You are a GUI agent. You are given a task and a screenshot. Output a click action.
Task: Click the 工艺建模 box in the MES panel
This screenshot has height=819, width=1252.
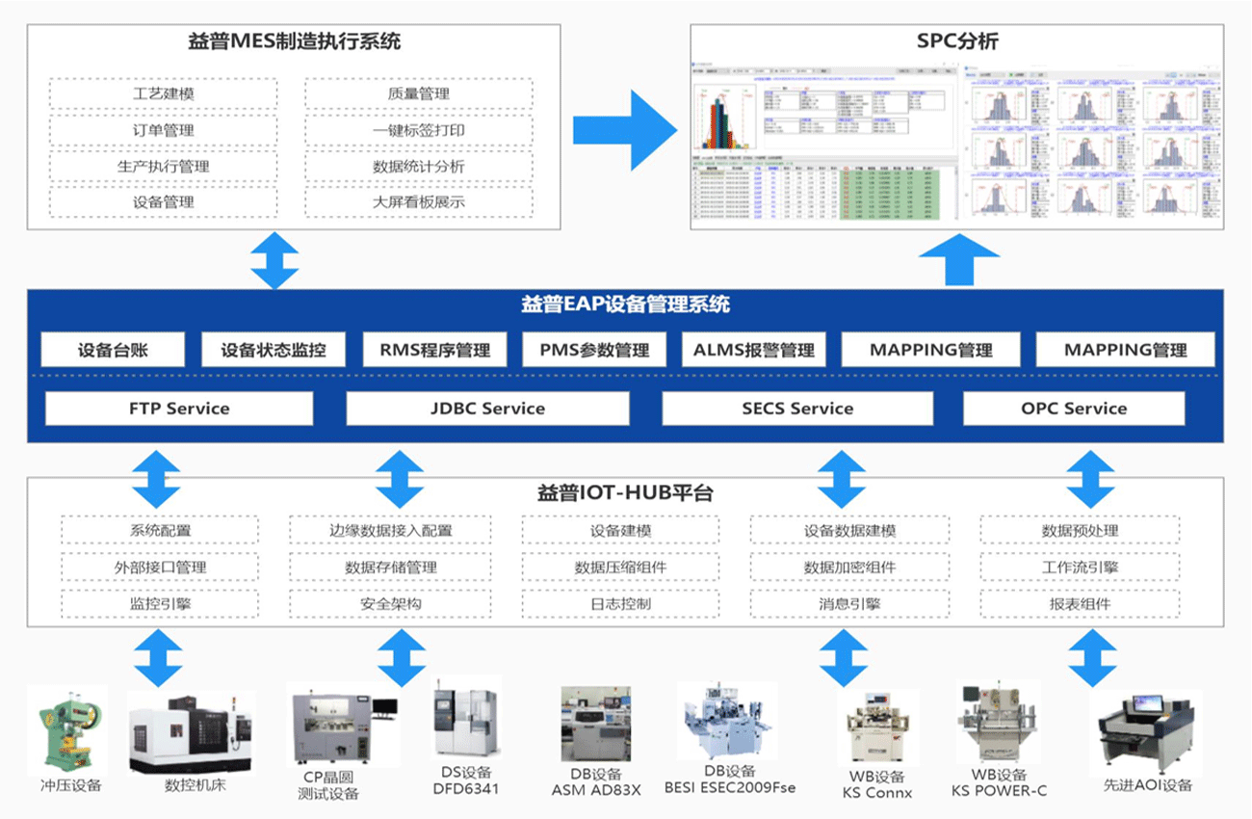tap(163, 93)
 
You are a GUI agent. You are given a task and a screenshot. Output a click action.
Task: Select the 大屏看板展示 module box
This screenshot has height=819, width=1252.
tap(419, 202)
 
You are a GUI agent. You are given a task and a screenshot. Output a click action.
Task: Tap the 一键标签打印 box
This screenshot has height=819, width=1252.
tap(419, 130)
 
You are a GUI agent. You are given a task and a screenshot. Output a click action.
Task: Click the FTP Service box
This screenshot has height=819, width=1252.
tap(179, 409)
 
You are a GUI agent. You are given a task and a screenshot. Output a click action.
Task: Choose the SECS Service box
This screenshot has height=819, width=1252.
tap(797, 409)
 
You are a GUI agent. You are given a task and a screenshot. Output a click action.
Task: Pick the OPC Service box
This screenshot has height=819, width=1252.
tap(1074, 409)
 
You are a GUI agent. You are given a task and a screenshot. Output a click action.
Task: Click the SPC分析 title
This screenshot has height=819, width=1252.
tap(957, 41)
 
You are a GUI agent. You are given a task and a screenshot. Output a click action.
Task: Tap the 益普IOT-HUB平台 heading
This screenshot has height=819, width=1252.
tap(624, 493)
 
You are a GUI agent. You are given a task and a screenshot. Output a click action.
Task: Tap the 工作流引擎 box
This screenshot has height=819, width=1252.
tap(1080, 568)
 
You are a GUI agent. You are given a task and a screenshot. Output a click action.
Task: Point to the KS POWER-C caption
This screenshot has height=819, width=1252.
tap(998, 791)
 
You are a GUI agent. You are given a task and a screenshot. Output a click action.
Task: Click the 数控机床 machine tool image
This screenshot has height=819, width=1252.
tap(192, 732)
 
